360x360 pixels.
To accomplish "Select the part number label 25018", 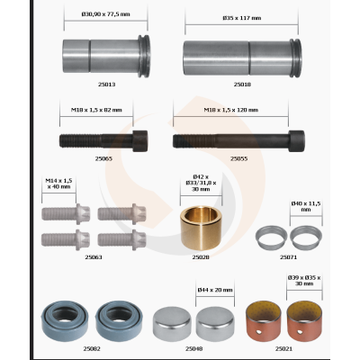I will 241,84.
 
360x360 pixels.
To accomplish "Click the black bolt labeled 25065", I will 98,141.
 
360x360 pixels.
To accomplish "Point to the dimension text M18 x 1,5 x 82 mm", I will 103,110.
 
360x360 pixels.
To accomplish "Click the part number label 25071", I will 288,256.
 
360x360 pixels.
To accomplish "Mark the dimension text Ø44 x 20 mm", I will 214,290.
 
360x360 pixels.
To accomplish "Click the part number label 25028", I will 201,256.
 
